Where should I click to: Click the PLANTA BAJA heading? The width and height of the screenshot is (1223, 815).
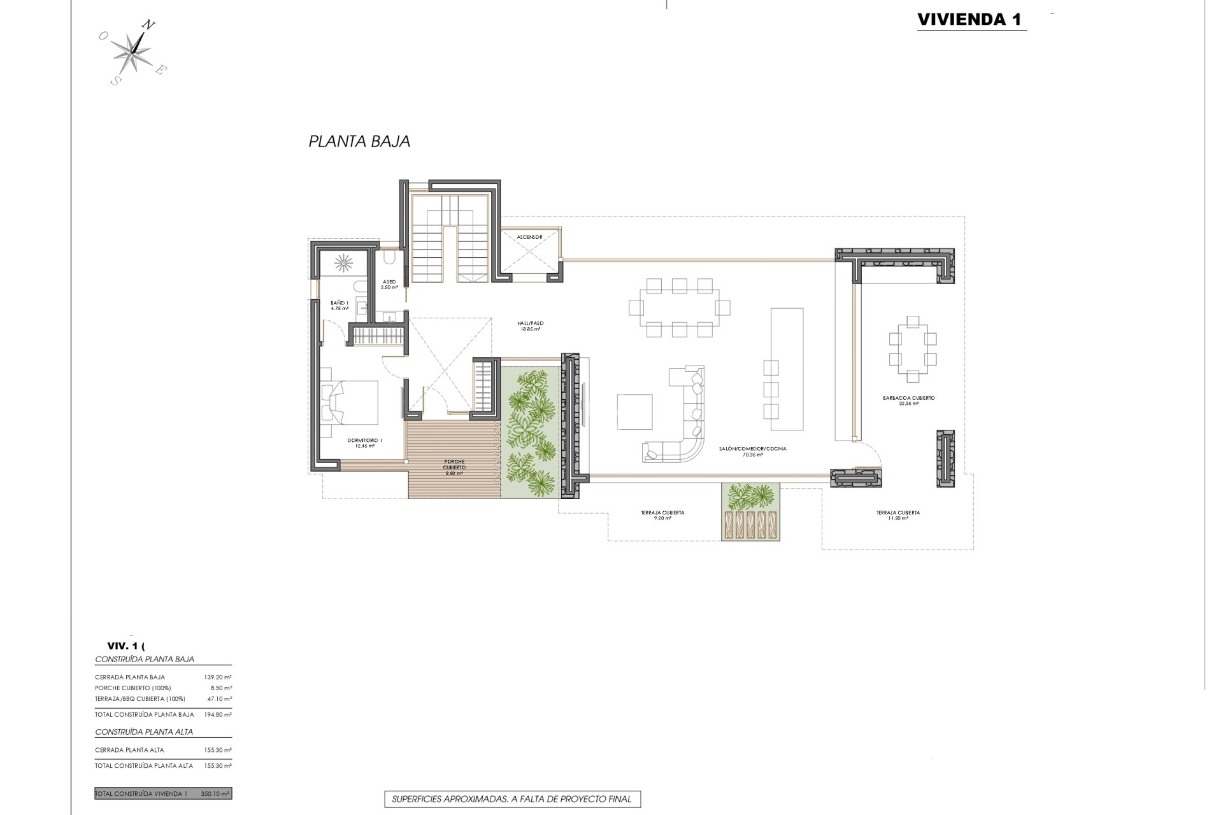tap(359, 141)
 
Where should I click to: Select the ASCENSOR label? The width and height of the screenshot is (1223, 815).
tap(529, 237)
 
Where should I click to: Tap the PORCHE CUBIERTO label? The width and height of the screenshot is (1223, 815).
tap(454, 467)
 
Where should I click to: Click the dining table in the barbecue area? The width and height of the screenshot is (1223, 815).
tap(912, 350)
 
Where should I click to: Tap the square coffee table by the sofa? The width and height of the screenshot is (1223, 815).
tap(634, 412)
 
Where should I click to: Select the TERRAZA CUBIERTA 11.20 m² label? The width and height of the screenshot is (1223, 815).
tap(898, 514)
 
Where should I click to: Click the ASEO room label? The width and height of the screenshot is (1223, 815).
tap(389, 284)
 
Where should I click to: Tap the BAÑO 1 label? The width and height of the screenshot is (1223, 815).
tap(339, 305)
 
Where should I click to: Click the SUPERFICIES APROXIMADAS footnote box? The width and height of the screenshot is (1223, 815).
tap(512, 798)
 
